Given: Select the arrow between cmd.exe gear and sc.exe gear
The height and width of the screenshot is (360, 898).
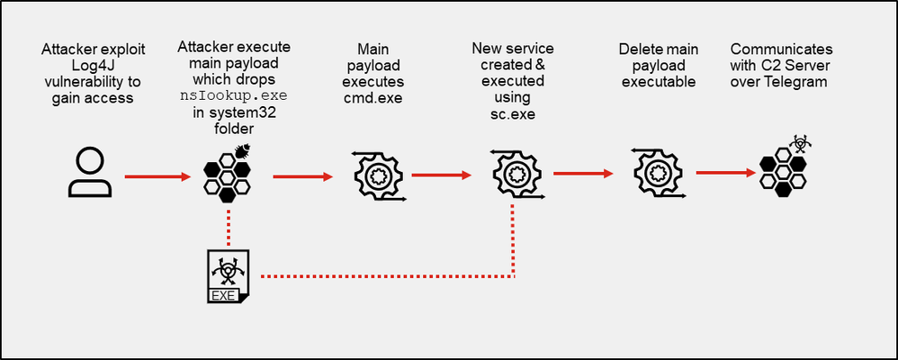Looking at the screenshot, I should pyautogui.click(x=441, y=175).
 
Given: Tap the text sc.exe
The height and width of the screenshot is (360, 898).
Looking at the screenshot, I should pyautogui.click(x=512, y=112).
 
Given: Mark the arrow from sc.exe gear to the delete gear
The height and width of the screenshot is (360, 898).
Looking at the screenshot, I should pyautogui.click(x=582, y=171).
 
